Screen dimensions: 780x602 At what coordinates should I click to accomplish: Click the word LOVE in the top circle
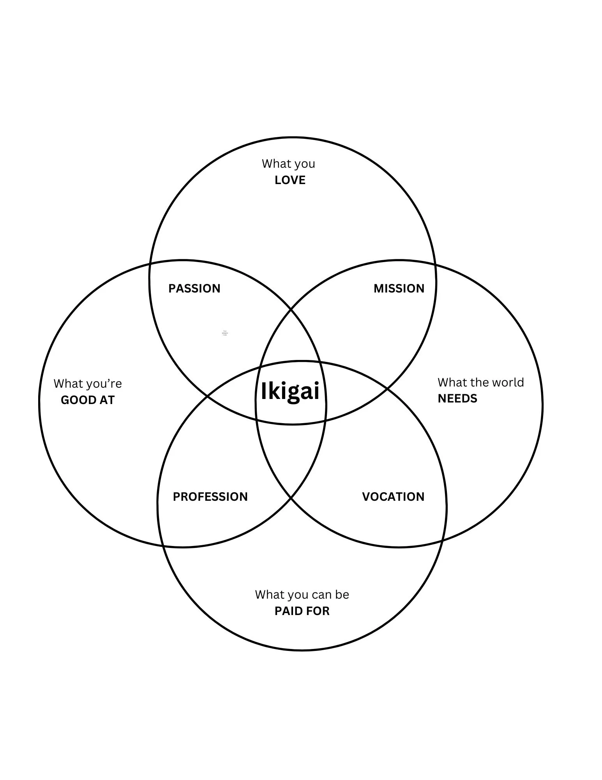pyautogui.click(x=290, y=180)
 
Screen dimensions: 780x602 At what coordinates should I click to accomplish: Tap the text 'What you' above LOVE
pyautogui.click(x=288, y=163)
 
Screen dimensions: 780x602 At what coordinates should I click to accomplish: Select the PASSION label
pyautogui.click(x=194, y=288)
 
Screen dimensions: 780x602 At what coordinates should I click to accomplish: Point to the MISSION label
pyautogui.click(x=399, y=288)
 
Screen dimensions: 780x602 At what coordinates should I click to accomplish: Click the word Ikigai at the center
pyautogui.click(x=290, y=391)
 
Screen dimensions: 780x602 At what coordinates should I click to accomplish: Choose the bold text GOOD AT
pyautogui.click(x=88, y=400)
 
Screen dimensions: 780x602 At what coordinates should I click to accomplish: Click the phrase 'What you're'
pyautogui.click(x=88, y=383)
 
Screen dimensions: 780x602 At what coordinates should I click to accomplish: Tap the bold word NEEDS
pyautogui.click(x=457, y=398)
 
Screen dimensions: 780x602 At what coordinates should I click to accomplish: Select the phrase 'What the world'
pyautogui.click(x=480, y=382)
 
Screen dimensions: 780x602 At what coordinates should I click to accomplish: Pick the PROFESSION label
pyautogui.click(x=210, y=496)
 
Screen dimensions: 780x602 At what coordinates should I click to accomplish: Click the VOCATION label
pyautogui.click(x=393, y=496)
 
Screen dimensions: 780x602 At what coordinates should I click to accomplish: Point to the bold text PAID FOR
pyautogui.click(x=302, y=611)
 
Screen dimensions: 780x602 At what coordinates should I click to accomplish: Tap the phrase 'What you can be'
pyautogui.click(x=302, y=594)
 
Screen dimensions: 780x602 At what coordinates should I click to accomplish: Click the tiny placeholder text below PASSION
pyautogui.click(x=224, y=333)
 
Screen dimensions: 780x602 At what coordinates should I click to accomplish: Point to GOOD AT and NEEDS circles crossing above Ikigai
pyautogui.click(x=291, y=309)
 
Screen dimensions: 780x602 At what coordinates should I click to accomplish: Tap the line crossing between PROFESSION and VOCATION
pyautogui.click(x=291, y=498)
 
